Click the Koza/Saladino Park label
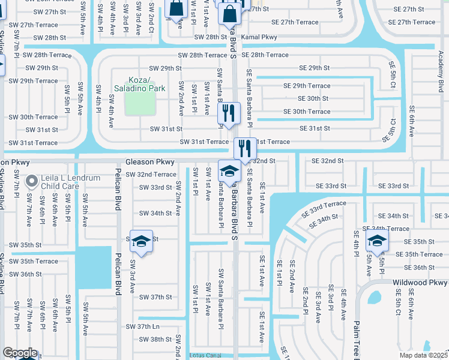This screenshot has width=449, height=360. [x=139, y=84]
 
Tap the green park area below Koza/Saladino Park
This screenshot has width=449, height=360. [x=139, y=104]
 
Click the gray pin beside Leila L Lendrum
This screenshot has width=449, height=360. [x=34, y=179]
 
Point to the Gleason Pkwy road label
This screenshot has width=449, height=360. [x=150, y=162]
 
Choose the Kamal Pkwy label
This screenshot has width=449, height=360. [x=261, y=37]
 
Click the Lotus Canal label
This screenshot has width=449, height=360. [x=206, y=355]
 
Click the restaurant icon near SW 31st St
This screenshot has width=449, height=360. [x=229, y=113]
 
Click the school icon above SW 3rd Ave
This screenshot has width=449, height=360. [x=141, y=241]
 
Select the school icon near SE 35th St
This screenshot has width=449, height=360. [x=377, y=241]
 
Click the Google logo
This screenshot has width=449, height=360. [x=20, y=353]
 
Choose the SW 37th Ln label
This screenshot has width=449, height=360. [x=143, y=326]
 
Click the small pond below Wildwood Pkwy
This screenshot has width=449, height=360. [x=376, y=299]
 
